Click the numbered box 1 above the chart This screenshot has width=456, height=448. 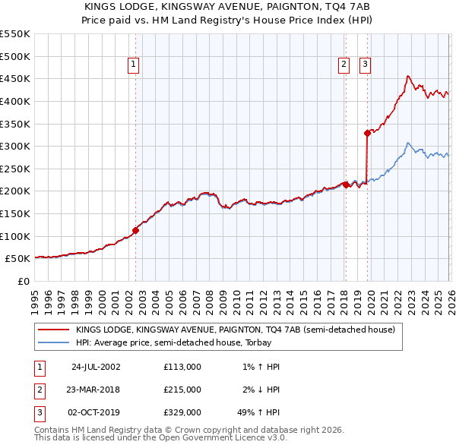coord(133,65)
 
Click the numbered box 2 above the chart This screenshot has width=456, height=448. coord(344,65)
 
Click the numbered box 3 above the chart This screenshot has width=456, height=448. coord(365,65)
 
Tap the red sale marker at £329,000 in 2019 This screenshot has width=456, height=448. coord(367,133)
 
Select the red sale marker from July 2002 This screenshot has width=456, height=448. coord(136,230)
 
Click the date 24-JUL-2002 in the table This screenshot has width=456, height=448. coord(96,367)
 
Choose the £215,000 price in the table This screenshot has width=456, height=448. coord(182,390)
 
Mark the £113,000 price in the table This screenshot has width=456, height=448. coord(182,367)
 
